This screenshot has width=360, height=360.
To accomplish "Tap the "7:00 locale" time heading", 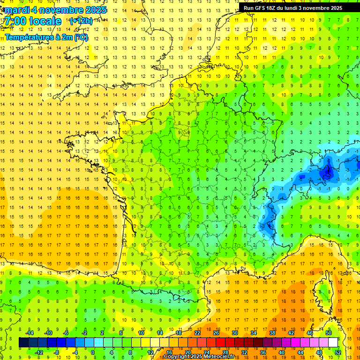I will [33, 21].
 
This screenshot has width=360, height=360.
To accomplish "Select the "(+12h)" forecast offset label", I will [81, 21].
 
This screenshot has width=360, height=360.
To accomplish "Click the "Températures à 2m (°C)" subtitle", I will [46, 37].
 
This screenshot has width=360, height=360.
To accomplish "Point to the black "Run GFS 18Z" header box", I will [293, 7].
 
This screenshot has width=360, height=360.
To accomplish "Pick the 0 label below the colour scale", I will [93, 352].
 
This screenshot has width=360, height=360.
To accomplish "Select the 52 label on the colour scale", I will [338, 352].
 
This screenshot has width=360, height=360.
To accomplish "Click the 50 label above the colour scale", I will [329, 332].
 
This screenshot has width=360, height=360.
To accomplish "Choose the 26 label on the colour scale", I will [216, 332].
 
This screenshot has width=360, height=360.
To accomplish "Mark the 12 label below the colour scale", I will [150, 352].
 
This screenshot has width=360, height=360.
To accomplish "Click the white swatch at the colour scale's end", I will [333, 342].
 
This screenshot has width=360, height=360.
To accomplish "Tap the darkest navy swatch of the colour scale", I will [23, 342].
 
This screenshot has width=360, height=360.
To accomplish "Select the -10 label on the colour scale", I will [47, 332].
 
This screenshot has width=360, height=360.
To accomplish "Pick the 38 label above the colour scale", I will [272, 332].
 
